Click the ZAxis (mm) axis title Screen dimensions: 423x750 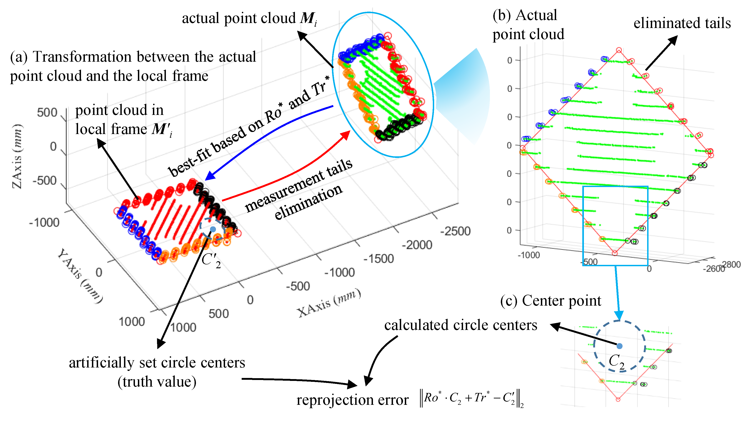(x=18, y=156)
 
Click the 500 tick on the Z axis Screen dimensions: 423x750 (x=47, y=112)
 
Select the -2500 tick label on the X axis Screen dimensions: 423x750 (x=455, y=231)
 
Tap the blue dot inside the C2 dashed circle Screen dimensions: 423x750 (x=620, y=346)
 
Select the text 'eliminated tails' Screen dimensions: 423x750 (x=682, y=23)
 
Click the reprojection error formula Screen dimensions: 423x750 (x=472, y=398)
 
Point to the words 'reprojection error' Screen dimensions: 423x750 (x=352, y=400)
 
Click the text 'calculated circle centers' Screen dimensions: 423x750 (x=461, y=325)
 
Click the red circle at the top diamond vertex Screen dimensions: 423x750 (x=619, y=50)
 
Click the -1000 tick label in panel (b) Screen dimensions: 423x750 (x=529, y=255)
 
